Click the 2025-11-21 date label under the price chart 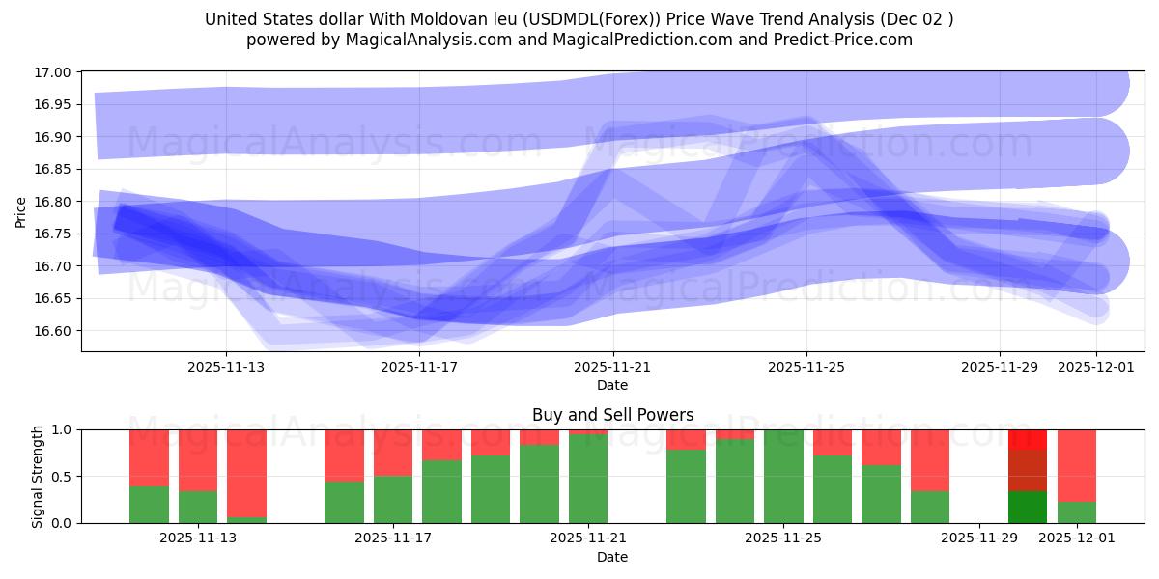(612, 367)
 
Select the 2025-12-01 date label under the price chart (1095, 367)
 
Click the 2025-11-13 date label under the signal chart (198, 538)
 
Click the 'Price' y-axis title (21, 212)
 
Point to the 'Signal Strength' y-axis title (37, 476)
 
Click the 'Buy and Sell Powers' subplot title (612, 415)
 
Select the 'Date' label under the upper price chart (612, 385)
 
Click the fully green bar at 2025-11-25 (783, 477)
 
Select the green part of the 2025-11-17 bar (393, 499)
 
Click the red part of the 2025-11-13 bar (198, 459)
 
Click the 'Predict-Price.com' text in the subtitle (849, 40)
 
